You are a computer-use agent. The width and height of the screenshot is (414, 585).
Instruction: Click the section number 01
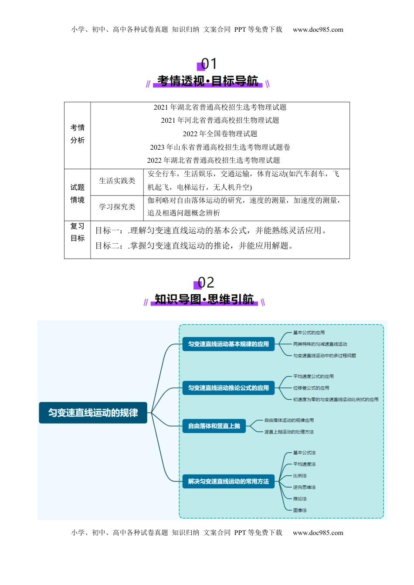pos(208,64)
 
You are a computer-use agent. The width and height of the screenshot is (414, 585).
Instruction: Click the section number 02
pos(206,282)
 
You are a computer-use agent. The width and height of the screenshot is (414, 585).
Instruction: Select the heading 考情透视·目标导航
pos(207,81)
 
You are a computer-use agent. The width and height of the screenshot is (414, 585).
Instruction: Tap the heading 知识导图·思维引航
pos(204,299)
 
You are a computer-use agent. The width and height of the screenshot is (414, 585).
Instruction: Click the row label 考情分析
pos(78,134)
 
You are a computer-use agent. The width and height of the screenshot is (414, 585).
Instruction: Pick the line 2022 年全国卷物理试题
pos(220,134)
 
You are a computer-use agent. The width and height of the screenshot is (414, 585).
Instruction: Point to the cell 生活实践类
pos(117,181)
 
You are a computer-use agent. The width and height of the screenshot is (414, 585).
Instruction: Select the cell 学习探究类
pos(117,207)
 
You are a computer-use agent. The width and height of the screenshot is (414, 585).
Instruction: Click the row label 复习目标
pos(78,232)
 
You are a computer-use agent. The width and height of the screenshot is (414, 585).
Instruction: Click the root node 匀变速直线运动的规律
pos(93,413)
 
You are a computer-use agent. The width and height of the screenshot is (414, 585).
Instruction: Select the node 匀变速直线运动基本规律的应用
pos(228,344)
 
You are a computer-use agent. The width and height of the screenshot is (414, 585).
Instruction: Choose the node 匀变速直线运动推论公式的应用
pos(228,388)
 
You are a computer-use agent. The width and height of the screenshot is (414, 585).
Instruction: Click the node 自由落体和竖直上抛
pos(214,426)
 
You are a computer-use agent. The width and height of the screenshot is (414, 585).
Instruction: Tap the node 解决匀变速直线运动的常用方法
pos(228,481)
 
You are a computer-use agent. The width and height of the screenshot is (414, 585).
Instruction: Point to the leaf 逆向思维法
pos(304,487)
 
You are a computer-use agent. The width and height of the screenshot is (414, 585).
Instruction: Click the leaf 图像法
pos(300,510)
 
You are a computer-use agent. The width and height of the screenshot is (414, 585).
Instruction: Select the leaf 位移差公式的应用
pos(311,388)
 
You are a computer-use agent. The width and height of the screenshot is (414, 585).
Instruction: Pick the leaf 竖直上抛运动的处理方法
pos(289,432)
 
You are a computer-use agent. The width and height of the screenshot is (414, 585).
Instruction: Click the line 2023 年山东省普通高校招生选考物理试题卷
pos(220,147)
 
